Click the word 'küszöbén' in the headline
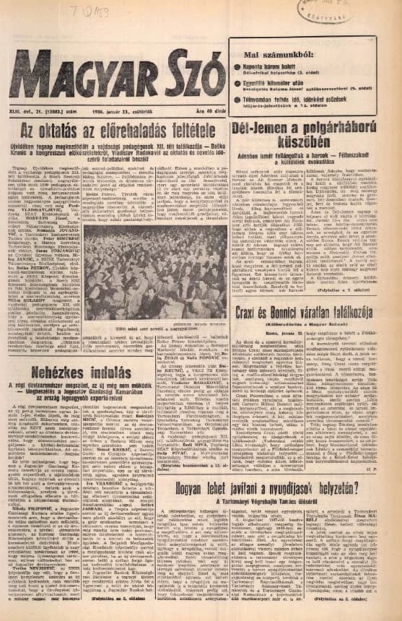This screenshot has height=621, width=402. (x=317, y=144)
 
